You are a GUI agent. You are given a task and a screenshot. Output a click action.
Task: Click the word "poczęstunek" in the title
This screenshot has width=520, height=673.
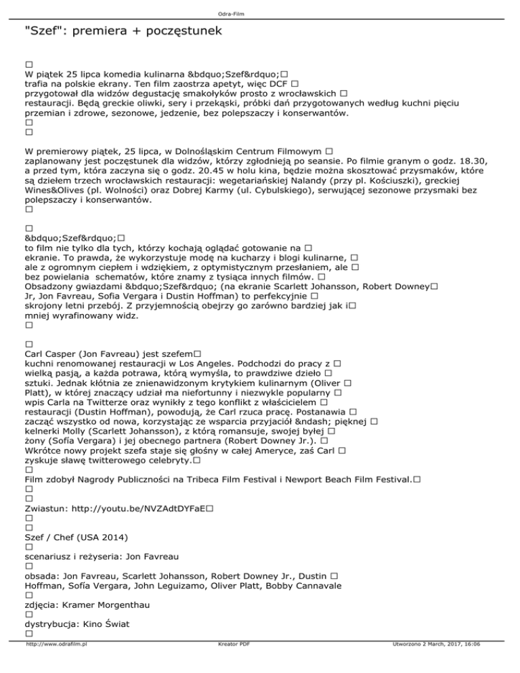tap(180, 31)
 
